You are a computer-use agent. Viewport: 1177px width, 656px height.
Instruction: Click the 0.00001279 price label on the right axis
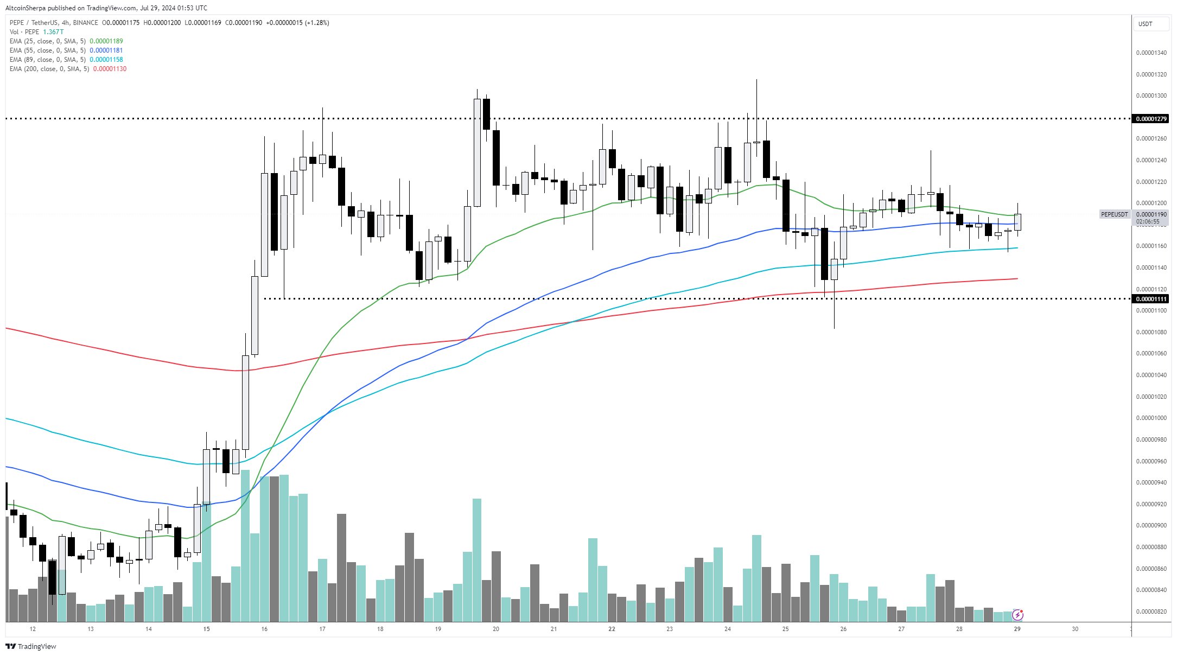[x=1150, y=119]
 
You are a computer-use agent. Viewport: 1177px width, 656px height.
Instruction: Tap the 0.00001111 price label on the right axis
[x=1150, y=299]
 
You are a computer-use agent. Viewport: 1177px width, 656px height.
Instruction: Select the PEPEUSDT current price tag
[x=1114, y=214]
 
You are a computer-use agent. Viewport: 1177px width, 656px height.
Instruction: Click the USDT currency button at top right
[x=1146, y=24]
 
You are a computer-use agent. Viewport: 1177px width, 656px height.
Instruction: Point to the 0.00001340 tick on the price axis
[x=1151, y=53]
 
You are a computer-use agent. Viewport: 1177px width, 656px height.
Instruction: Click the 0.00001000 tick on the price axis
[x=1151, y=418]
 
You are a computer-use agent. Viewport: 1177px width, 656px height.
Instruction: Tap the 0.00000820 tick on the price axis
[x=1151, y=612]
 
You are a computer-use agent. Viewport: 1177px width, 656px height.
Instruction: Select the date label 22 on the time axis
[x=612, y=629]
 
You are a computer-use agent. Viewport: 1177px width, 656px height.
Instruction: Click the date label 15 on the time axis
[x=206, y=629]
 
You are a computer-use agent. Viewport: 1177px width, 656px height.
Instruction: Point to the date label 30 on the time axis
[x=1075, y=629]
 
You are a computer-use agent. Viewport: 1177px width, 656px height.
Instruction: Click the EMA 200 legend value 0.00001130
[x=110, y=69]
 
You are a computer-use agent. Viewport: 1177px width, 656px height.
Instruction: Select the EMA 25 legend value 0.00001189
[x=106, y=41]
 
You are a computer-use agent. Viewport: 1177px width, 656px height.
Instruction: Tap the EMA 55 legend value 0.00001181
[x=106, y=50]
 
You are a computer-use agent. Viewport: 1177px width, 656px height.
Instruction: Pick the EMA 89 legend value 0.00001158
[x=106, y=60]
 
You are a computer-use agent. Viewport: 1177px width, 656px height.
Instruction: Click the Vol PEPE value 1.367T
[x=53, y=32]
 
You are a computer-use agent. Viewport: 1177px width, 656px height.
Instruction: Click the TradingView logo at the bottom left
[x=31, y=646]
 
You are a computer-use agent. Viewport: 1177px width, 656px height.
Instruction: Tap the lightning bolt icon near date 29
[x=1018, y=615]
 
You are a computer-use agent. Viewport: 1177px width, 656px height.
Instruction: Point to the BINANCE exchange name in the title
[x=85, y=23]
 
